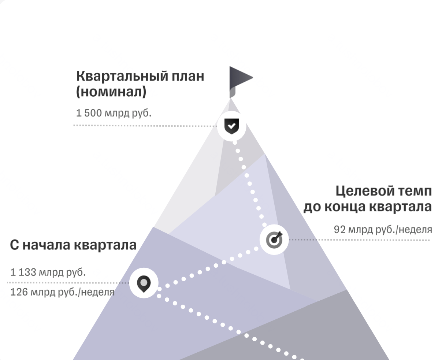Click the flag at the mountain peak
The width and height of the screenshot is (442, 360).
(241, 82)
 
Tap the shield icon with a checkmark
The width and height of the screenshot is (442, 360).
(231, 126)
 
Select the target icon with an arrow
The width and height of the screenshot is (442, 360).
(274, 240)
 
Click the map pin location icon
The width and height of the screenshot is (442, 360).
(144, 284)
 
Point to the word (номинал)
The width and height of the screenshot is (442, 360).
(111, 92)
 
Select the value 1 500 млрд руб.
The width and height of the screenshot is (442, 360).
(114, 113)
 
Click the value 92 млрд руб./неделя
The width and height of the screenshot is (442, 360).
(383, 230)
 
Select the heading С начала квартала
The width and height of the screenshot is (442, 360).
(73, 245)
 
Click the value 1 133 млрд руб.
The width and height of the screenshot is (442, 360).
(48, 272)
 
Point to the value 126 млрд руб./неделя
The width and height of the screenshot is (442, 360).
(63, 292)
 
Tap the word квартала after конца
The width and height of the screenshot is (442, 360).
(401, 207)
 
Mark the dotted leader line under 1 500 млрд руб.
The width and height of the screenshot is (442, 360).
(145, 126)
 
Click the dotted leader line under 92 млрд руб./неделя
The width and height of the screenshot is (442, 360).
(359, 240)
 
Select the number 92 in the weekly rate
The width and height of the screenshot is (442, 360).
(340, 230)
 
